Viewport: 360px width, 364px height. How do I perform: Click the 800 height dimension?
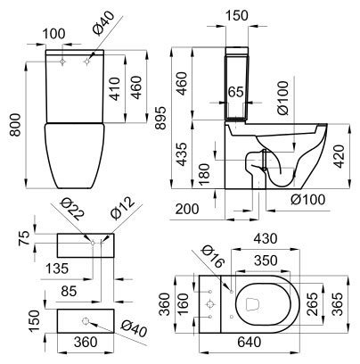(x=14, y=125)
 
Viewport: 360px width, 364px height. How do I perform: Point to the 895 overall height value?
(x=161, y=118)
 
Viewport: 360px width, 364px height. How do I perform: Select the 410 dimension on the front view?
(x=114, y=89)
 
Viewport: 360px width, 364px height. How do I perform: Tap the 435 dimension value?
(x=182, y=154)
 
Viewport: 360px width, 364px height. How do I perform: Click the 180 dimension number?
(x=205, y=174)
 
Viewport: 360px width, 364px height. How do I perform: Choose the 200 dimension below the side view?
(x=187, y=209)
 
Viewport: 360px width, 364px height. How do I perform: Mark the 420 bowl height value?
(x=340, y=157)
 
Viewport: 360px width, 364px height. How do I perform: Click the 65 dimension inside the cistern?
(x=236, y=92)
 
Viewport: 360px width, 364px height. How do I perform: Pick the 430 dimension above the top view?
(x=265, y=238)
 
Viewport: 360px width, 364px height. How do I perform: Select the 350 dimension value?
(x=266, y=261)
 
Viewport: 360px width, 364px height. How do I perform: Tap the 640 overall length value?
(x=249, y=342)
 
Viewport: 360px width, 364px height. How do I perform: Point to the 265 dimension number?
(x=312, y=304)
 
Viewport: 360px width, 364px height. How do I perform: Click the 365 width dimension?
(x=338, y=304)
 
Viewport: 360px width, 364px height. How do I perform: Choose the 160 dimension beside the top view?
(x=183, y=304)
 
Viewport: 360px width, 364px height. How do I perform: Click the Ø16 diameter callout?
(x=212, y=257)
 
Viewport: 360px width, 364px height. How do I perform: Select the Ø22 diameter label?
(x=72, y=211)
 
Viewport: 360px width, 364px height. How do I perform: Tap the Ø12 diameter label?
(x=122, y=207)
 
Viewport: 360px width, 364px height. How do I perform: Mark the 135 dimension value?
(x=57, y=269)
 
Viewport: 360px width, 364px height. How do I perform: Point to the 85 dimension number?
(x=69, y=291)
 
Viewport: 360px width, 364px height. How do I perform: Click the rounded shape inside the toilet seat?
(x=253, y=304)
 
